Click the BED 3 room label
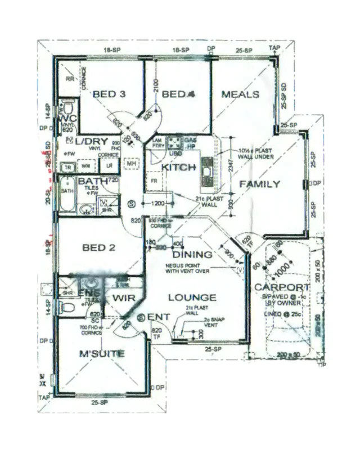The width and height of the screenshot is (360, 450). (x=109, y=94)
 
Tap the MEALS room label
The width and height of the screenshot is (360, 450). (x=240, y=94)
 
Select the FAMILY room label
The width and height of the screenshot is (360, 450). (x=259, y=184)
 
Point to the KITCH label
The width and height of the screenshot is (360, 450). (x=179, y=168)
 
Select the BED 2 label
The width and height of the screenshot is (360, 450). (x=98, y=247)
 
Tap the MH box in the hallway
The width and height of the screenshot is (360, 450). (x=132, y=164)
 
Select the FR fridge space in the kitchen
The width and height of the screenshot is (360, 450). (x=154, y=181)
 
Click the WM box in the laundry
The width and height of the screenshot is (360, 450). (x=85, y=166)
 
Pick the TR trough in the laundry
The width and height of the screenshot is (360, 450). (x=68, y=167)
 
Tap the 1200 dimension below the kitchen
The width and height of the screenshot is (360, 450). (x=157, y=202)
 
